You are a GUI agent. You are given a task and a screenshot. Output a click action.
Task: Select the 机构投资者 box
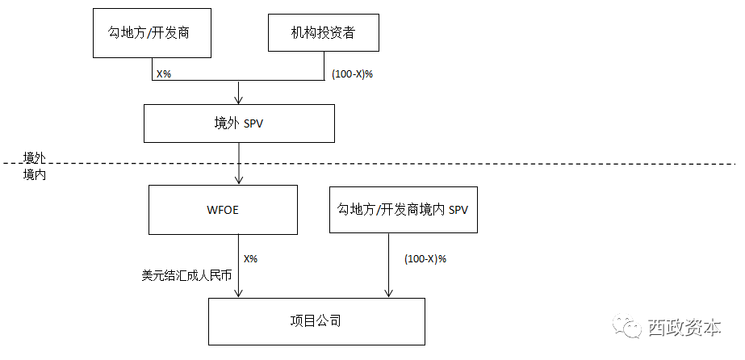(x=323, y=33)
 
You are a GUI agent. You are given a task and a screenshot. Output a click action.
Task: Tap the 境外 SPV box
(x=238, y=123)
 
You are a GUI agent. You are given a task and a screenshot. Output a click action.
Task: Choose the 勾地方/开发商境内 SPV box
(x=403, y=209)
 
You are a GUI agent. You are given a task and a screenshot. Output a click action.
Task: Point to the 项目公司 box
(x=316, y=320)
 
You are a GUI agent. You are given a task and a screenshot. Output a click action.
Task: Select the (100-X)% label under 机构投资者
(x=353, y=73)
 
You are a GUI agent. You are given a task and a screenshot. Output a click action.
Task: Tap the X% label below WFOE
(x=250, y=259)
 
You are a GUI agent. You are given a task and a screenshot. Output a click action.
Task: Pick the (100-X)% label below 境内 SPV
(x=424, y=259)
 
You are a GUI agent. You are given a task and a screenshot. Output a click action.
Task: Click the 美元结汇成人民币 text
(x=186, y=275)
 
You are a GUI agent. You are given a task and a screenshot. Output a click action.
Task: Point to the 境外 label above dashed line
(x=34, y=157)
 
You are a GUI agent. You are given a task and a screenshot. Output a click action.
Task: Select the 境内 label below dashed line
(x=34, y=173)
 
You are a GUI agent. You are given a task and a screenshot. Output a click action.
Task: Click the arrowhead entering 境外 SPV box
(x=238, y=100)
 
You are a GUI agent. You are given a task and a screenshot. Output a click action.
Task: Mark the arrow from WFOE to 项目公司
(x=240, y=266)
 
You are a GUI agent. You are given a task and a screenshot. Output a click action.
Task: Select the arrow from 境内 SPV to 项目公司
(x=390, y=266)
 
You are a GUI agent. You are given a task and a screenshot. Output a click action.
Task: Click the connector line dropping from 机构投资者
(x=323, y=68)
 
